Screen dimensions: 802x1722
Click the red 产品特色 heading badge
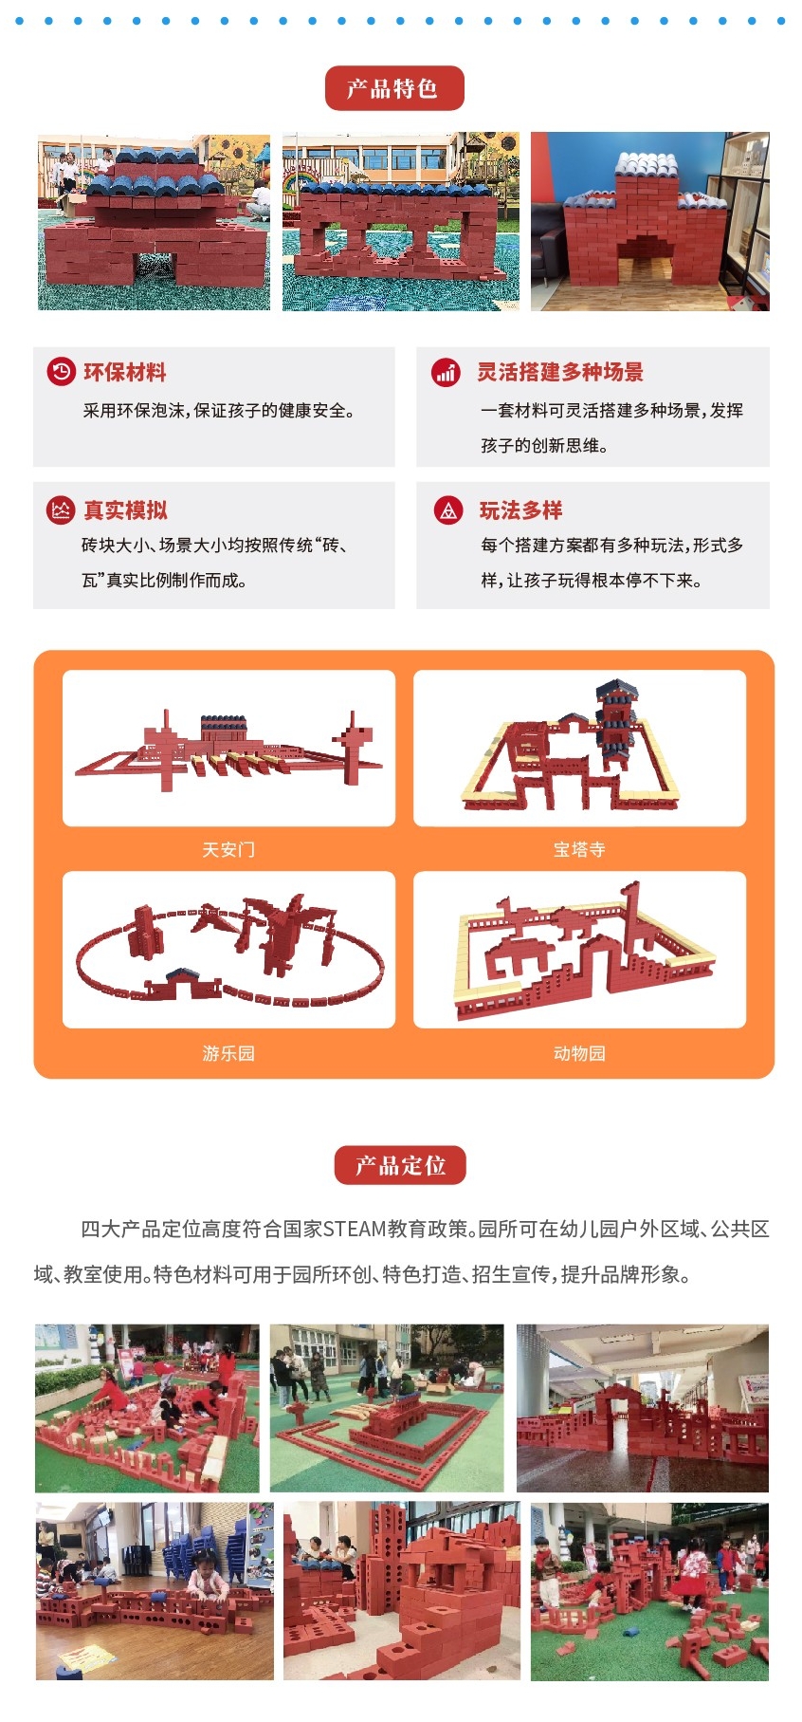coord(394,88)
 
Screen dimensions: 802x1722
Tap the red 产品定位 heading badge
coord(400,1165)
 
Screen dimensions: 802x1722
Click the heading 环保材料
coord(125,373)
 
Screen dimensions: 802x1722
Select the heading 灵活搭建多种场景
coord(560,372)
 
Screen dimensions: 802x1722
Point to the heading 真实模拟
coord(125,510)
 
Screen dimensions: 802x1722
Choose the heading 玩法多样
coord(520,510)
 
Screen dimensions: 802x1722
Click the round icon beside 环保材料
coord(61,372)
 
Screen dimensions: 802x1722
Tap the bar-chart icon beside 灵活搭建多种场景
coord(446,372)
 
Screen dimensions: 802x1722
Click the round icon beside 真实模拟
coord(61,510)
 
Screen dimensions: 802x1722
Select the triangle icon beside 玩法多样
coord(448,510)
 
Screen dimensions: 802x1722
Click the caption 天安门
coord(228,849)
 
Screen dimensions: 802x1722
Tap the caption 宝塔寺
coord(579,849)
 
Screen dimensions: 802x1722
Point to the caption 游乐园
coord(228,1053)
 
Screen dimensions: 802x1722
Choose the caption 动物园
coord(579,1053)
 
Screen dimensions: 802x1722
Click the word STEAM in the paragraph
coord(355,1230)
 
